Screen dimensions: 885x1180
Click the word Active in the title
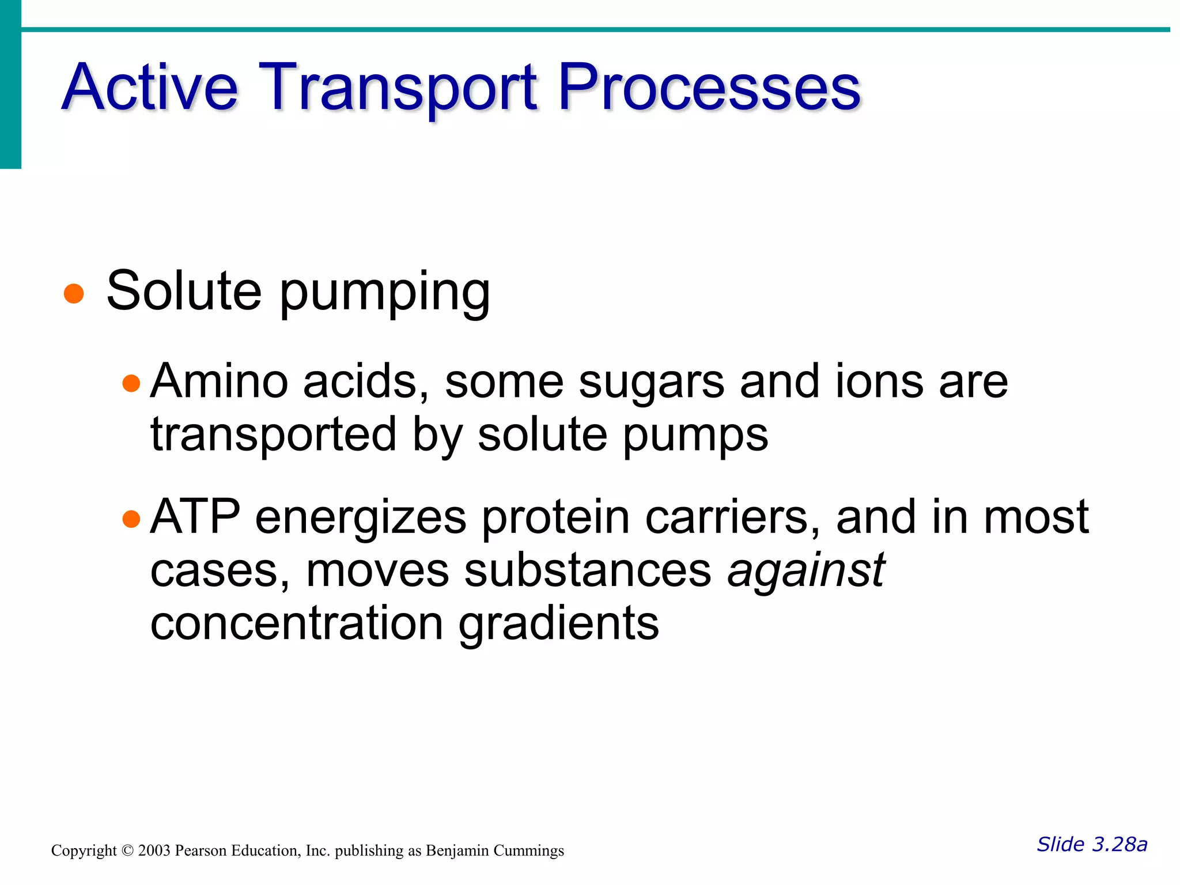[150, 88]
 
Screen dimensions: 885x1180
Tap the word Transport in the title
[398, 88]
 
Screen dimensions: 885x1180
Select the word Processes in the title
[709, 88]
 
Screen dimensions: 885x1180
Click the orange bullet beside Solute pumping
[74, 293]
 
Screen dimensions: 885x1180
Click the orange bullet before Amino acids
[131, 383]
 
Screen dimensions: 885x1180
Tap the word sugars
[652, 383]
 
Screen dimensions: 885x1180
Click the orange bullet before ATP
[131, 519]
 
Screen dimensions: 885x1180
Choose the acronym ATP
[195, 517]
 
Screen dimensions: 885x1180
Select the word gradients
[558, 625]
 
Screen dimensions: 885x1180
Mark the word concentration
[296, 623]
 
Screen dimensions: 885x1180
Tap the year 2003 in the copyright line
[154, 850]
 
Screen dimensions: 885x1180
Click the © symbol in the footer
[127, 850]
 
